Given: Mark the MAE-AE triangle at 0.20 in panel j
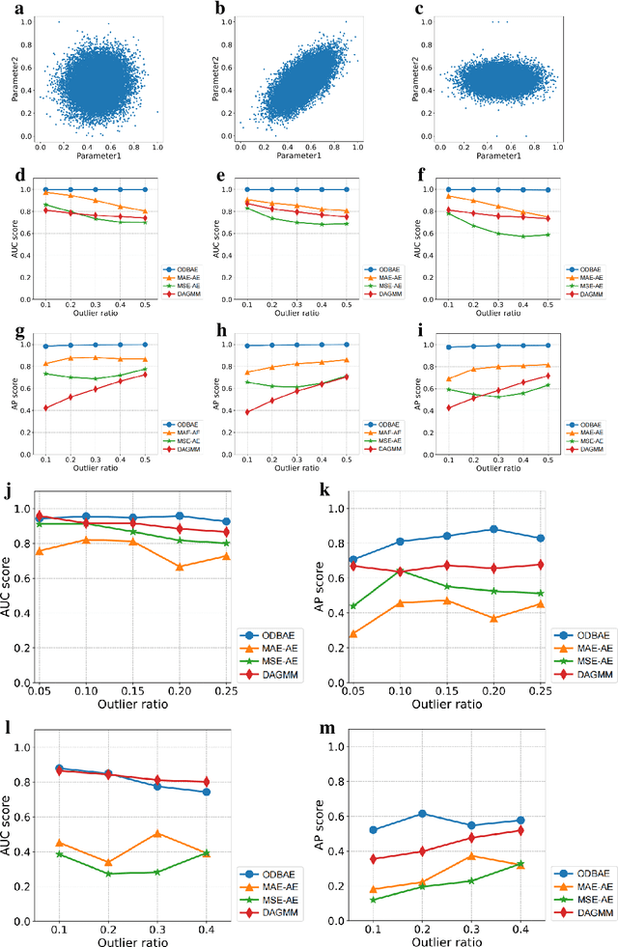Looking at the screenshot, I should pos(180,567).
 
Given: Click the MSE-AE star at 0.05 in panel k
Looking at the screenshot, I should pos(353,606).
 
